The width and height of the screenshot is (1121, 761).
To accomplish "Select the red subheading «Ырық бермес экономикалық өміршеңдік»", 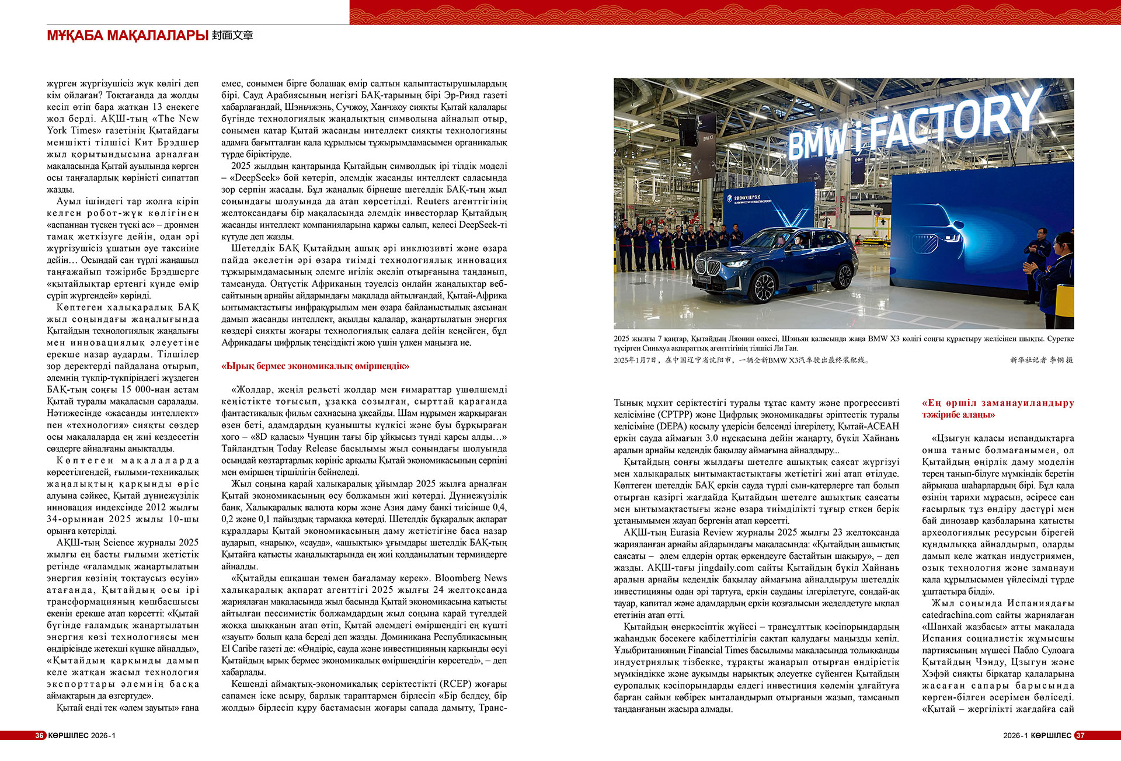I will (315, 366).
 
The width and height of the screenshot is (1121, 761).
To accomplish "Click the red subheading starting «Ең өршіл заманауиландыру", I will (998, 409).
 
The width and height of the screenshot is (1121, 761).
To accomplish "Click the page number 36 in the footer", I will (39, 735).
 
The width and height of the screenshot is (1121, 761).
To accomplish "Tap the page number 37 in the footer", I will (1080, 735).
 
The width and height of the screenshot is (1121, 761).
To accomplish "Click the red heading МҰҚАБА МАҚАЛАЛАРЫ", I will (127, 36).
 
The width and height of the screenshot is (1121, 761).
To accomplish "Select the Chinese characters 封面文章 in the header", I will (232, 36).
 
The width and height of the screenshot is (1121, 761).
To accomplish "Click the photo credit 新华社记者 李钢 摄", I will (1042, 360).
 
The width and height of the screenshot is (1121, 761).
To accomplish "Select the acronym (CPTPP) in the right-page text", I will (674, 415).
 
